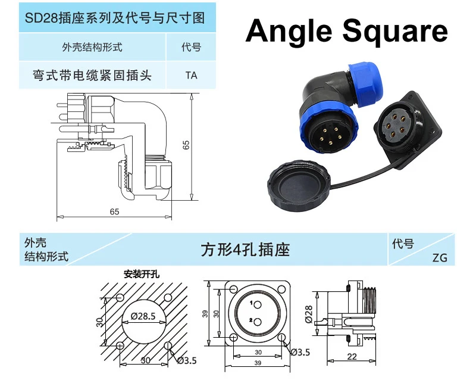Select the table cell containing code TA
point(191,76)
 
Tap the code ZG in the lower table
point(440,258)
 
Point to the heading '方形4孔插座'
point(245,250)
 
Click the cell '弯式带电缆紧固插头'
point(92,76)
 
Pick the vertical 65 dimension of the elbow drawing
point(186,144)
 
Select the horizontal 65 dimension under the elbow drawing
point(115,212)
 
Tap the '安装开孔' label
point(141,275)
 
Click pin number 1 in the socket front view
point(252,304)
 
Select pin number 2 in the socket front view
point(252,322)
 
